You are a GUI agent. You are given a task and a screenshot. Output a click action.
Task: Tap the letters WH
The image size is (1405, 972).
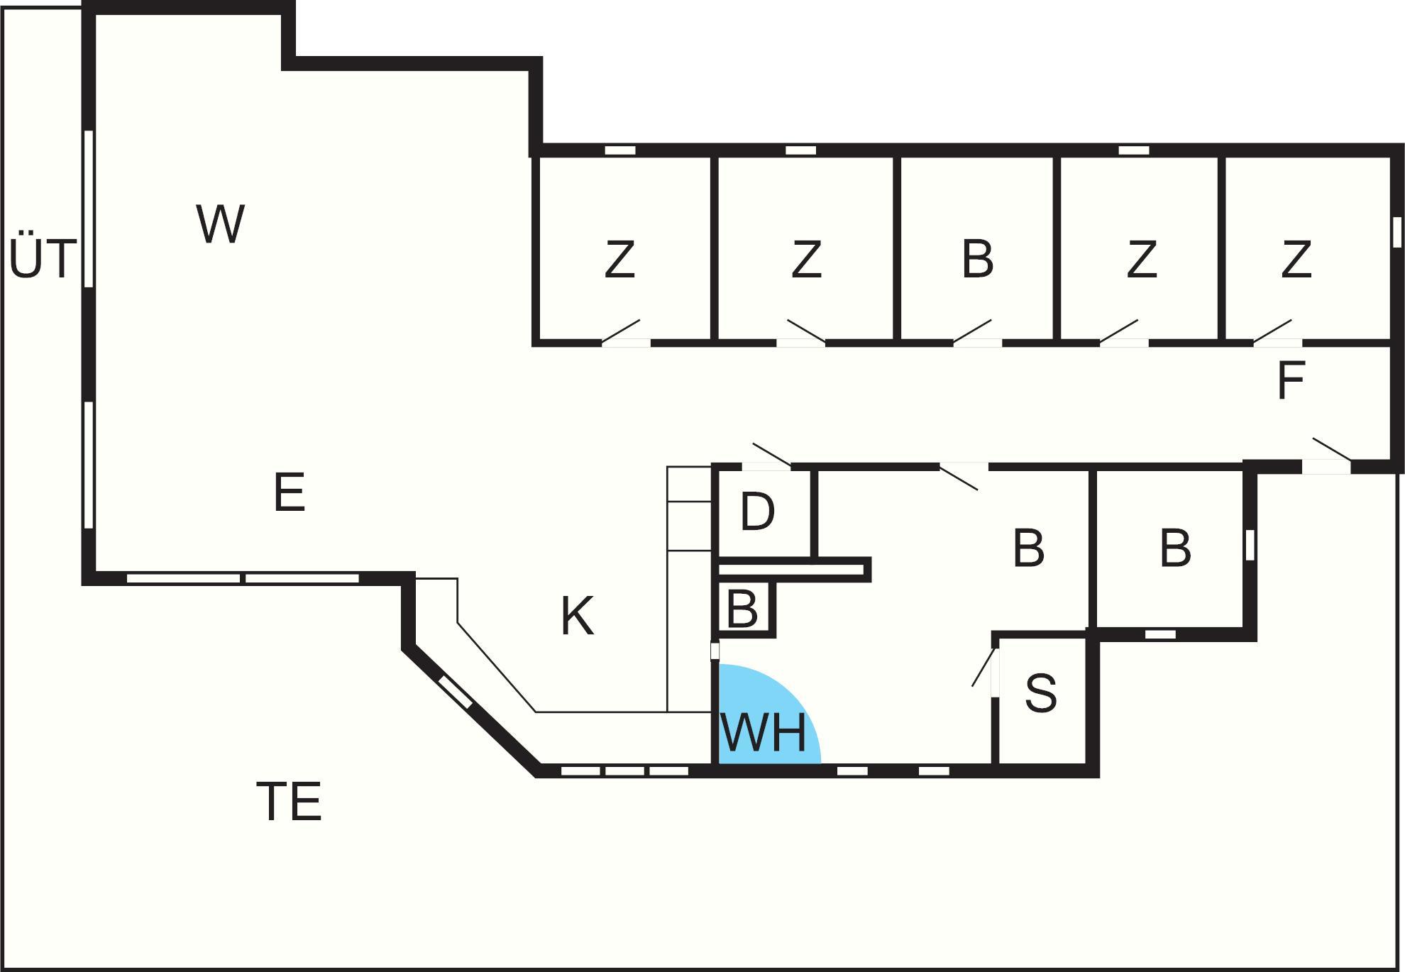click(x=764, y=732)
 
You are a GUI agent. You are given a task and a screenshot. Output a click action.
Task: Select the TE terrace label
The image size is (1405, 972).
click(x=289, y=801)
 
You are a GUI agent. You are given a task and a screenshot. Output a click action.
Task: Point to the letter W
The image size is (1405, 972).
click(x=221, y=223)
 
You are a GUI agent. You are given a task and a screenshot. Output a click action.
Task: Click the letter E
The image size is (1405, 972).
click(x=290, y=492)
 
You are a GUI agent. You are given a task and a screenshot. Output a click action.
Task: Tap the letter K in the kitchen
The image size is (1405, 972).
click(x=577, y=616)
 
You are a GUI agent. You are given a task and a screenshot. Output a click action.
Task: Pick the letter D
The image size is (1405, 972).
click(x=757, y=511)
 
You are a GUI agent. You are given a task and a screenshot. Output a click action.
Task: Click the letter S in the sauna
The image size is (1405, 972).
click(x=1041, y=693)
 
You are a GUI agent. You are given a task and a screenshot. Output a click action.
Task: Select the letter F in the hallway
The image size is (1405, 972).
click(x=1290, y=381)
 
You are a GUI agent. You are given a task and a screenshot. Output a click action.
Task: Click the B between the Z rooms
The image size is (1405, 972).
click(x=977, y=259)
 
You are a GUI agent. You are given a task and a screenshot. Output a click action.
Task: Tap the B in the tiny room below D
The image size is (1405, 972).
click(x=742, y=608)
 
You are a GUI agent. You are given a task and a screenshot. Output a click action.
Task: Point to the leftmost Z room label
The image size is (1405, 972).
click(x=619, y=259)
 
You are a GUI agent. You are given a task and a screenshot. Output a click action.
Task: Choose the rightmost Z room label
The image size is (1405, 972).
click(x=1296, y=259)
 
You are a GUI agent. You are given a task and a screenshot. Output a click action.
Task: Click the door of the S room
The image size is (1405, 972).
click(x=985, y=668)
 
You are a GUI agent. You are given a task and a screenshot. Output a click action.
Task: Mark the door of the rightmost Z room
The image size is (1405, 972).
click(x=1273, y=332)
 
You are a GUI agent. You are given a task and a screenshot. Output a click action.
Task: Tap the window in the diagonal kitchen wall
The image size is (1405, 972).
click(x=456, y=692)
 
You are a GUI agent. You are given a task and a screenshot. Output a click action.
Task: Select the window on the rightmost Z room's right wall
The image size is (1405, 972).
click(x=1396, y=232)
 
